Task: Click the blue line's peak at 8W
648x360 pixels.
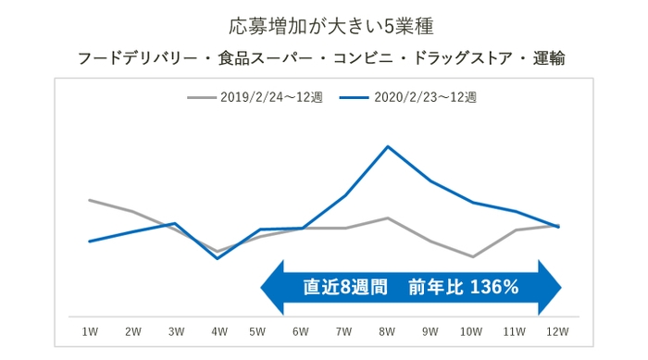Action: pos(387,146)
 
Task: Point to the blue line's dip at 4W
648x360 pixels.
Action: pos(217,258)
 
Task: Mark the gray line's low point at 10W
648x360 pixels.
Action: pos(473,256)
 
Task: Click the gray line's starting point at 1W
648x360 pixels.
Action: pos(90,200)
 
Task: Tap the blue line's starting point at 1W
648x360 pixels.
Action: pos(90,242)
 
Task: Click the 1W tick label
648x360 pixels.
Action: pos(90,330)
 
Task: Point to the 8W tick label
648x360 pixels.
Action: pos(387,330)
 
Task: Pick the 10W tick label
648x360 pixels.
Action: pos(472,330)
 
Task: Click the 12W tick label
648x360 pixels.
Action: pos(557,330)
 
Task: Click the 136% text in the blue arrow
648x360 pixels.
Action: pos(494,288)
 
